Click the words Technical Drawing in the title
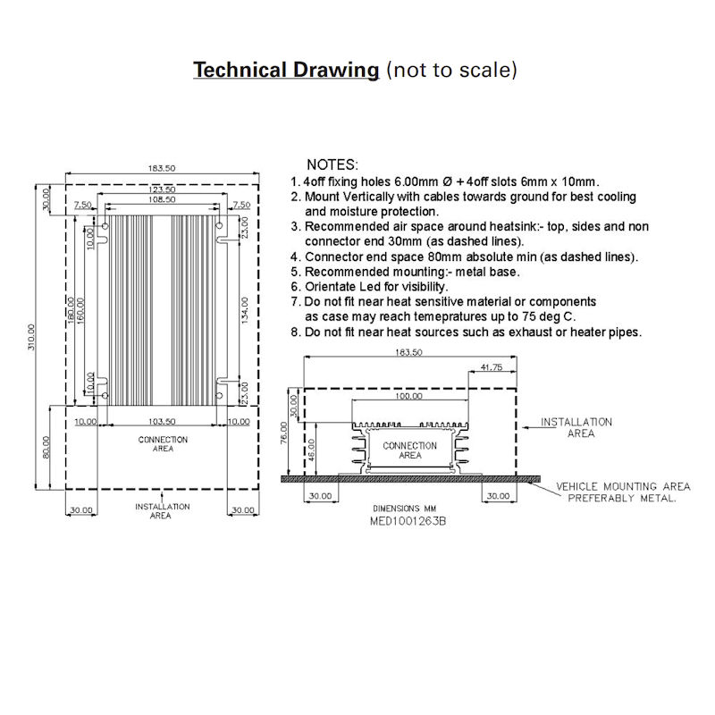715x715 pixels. pyautogui.click(x=286, y=70)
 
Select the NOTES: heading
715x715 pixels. pyautogui.click(x=332, y=165)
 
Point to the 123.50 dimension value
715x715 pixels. pyautogui.click(x=162, y=190)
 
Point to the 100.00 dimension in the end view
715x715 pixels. pyautogui.click(x=410, y=396)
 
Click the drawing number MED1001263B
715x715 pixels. pyautogui.click(x=408, y=519)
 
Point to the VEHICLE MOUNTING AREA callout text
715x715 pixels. pyautogui.click(x=623, y=486)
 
